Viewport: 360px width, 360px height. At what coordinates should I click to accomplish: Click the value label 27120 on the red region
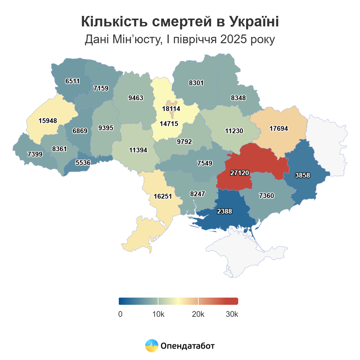(x=240, y=173)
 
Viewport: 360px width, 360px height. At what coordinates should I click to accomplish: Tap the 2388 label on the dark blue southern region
(x=224, y=211)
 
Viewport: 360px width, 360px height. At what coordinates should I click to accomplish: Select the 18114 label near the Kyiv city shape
(x=171, y=109)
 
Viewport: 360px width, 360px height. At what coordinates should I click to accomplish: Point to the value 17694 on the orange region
(x=279, y=128)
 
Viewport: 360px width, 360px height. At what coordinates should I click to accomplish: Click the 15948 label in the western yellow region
(x=48, y=121)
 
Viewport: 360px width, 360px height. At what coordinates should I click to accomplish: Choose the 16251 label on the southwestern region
(x=163, y=196)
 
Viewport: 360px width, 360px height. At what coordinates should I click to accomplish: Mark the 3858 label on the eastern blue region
(x=302, y=175)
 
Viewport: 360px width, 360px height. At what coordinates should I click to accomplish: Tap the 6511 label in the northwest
(x=73, y=81)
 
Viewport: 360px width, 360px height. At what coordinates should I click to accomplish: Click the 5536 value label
(x=83, y=163)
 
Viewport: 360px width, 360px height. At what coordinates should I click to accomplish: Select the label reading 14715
(x=169, y=124)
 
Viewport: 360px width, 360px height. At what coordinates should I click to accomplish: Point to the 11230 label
(x=234, y=131)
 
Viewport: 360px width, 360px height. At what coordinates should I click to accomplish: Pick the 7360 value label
(x=266, y=196)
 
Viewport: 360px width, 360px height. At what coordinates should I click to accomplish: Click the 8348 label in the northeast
(x=238, y=98)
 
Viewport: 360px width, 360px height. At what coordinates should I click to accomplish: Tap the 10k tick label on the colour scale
(x=158, y=314)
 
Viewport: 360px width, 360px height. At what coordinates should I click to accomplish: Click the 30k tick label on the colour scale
(x=232, y=314)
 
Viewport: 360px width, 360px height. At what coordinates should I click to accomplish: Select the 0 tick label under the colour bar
(x=120, y=314)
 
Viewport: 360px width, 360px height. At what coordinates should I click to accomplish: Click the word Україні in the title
(x=254, y=22)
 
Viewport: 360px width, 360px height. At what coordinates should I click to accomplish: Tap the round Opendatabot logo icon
(x=152, y=346)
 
